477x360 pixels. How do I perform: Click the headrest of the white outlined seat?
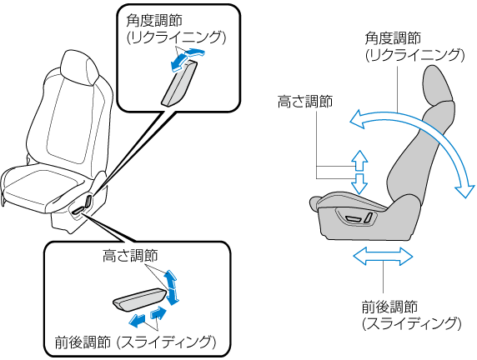tap(80, 67)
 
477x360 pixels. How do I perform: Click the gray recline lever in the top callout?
tap(179, 82)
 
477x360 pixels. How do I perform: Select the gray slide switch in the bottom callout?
tap(141, 299)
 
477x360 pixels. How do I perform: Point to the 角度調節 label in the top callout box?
tap(154, 21)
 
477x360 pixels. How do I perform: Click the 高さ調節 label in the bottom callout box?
tap(130, 256)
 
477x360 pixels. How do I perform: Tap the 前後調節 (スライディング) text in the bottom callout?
tap(136, 342)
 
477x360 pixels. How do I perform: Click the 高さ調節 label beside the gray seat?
tap(305, 102)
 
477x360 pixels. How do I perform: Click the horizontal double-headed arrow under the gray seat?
tap(383, 256)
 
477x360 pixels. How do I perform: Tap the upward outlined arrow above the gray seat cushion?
tap(360, 160)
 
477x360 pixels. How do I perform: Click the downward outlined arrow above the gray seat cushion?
tap(360, 184)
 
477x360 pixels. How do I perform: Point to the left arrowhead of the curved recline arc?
tap(358, 119)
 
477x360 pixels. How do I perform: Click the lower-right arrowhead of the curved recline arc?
tap(465, 189)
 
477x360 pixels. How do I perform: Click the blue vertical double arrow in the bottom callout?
tap(171, 287)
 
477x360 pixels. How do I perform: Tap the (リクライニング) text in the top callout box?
tap(176, 37)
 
